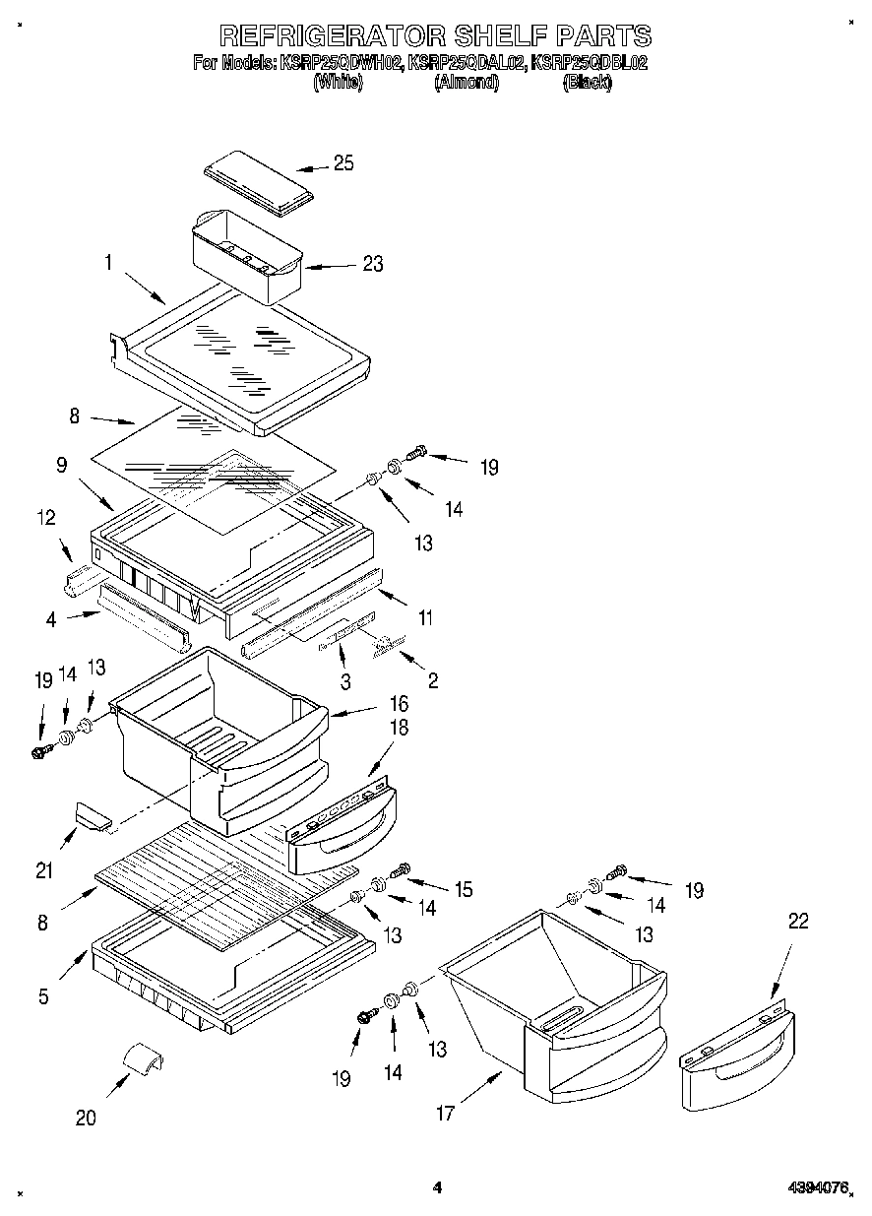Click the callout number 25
pyautogui.click(x=343, y=163)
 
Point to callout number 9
pyautogui.click(x=61, y=465)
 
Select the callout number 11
pyautogui.click(x=424, y=618)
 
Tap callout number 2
pyautogui.click(x=432, y=680)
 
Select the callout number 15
pyautogui.click(x=462, y=889)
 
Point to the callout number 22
pyautogui.click(x=798, y=921)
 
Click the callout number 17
pyautogui.click(x=445, y=1114)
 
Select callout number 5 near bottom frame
pyautogui.click(x=43, y=996)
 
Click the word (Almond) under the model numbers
pyautogui.click(x=467, y=84)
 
